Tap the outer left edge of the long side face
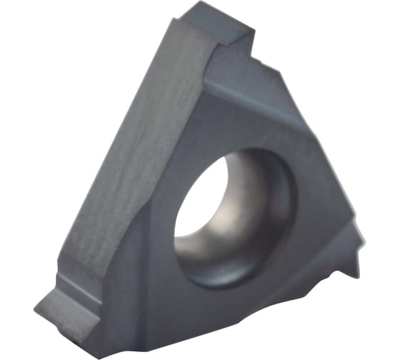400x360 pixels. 107,143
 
